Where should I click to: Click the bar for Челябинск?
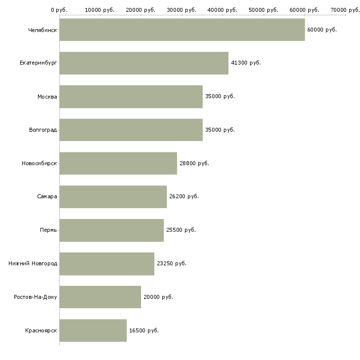point(182,30)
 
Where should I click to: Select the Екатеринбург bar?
point(144,63)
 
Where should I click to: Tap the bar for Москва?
point(131,97)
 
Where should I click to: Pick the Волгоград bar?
point(131,130)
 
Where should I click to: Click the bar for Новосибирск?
point(118,163)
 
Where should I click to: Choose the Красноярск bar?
point(93,330)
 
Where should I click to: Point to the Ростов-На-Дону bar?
point(100,297)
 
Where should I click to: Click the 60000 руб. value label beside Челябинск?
point(322,30)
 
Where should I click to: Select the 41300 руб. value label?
point(246,63)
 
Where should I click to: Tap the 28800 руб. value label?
point(194,163)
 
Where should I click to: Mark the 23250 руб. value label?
point(172,263)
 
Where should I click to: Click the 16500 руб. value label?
point(144,330)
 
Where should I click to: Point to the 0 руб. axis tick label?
point(59,10)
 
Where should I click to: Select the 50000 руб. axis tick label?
point(263,10)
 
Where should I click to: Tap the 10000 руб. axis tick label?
point(100,10)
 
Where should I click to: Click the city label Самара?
point(47,197)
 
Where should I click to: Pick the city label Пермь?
point(48,230)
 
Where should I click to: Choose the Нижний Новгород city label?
point(33,263)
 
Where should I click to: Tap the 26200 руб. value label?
point(184,197)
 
